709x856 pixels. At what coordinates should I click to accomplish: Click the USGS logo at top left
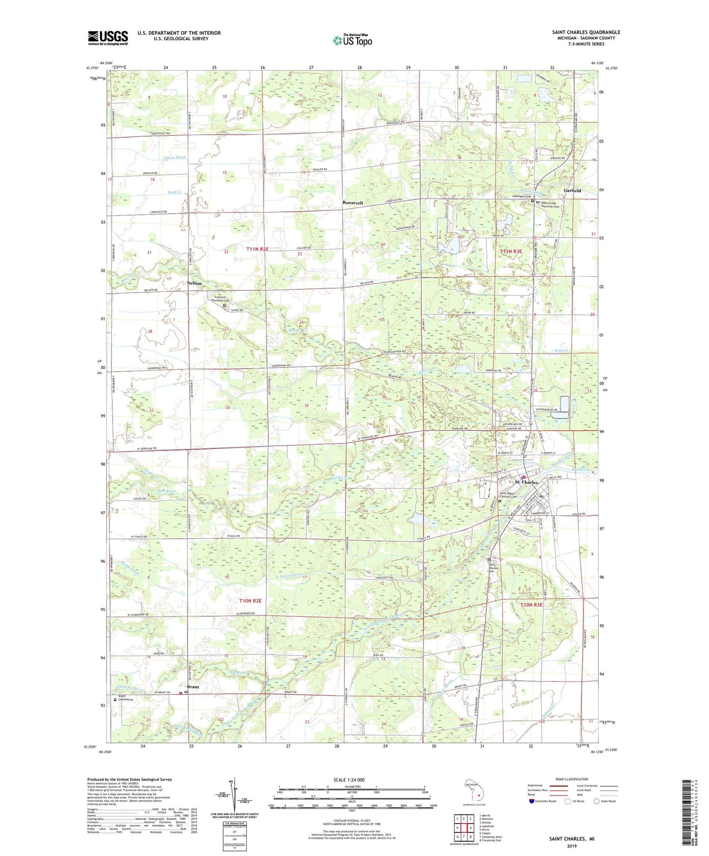click(108, 38)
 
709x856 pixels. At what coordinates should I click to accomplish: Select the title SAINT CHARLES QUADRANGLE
click(586, 32)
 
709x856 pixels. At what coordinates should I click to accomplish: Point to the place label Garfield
click(572, 191)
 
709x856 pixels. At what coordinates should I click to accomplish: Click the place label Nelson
click(194, 283)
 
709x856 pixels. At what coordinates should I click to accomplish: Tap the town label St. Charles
click(526, 482)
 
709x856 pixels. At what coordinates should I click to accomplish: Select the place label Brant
click(193, 687)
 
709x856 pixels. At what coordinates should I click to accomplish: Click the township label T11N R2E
click(258, 249)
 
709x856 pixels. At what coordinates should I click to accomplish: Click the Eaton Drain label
click(291, 575)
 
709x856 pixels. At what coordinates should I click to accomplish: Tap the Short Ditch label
click(175, 158)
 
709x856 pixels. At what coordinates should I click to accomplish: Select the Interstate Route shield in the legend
click(532, 802)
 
